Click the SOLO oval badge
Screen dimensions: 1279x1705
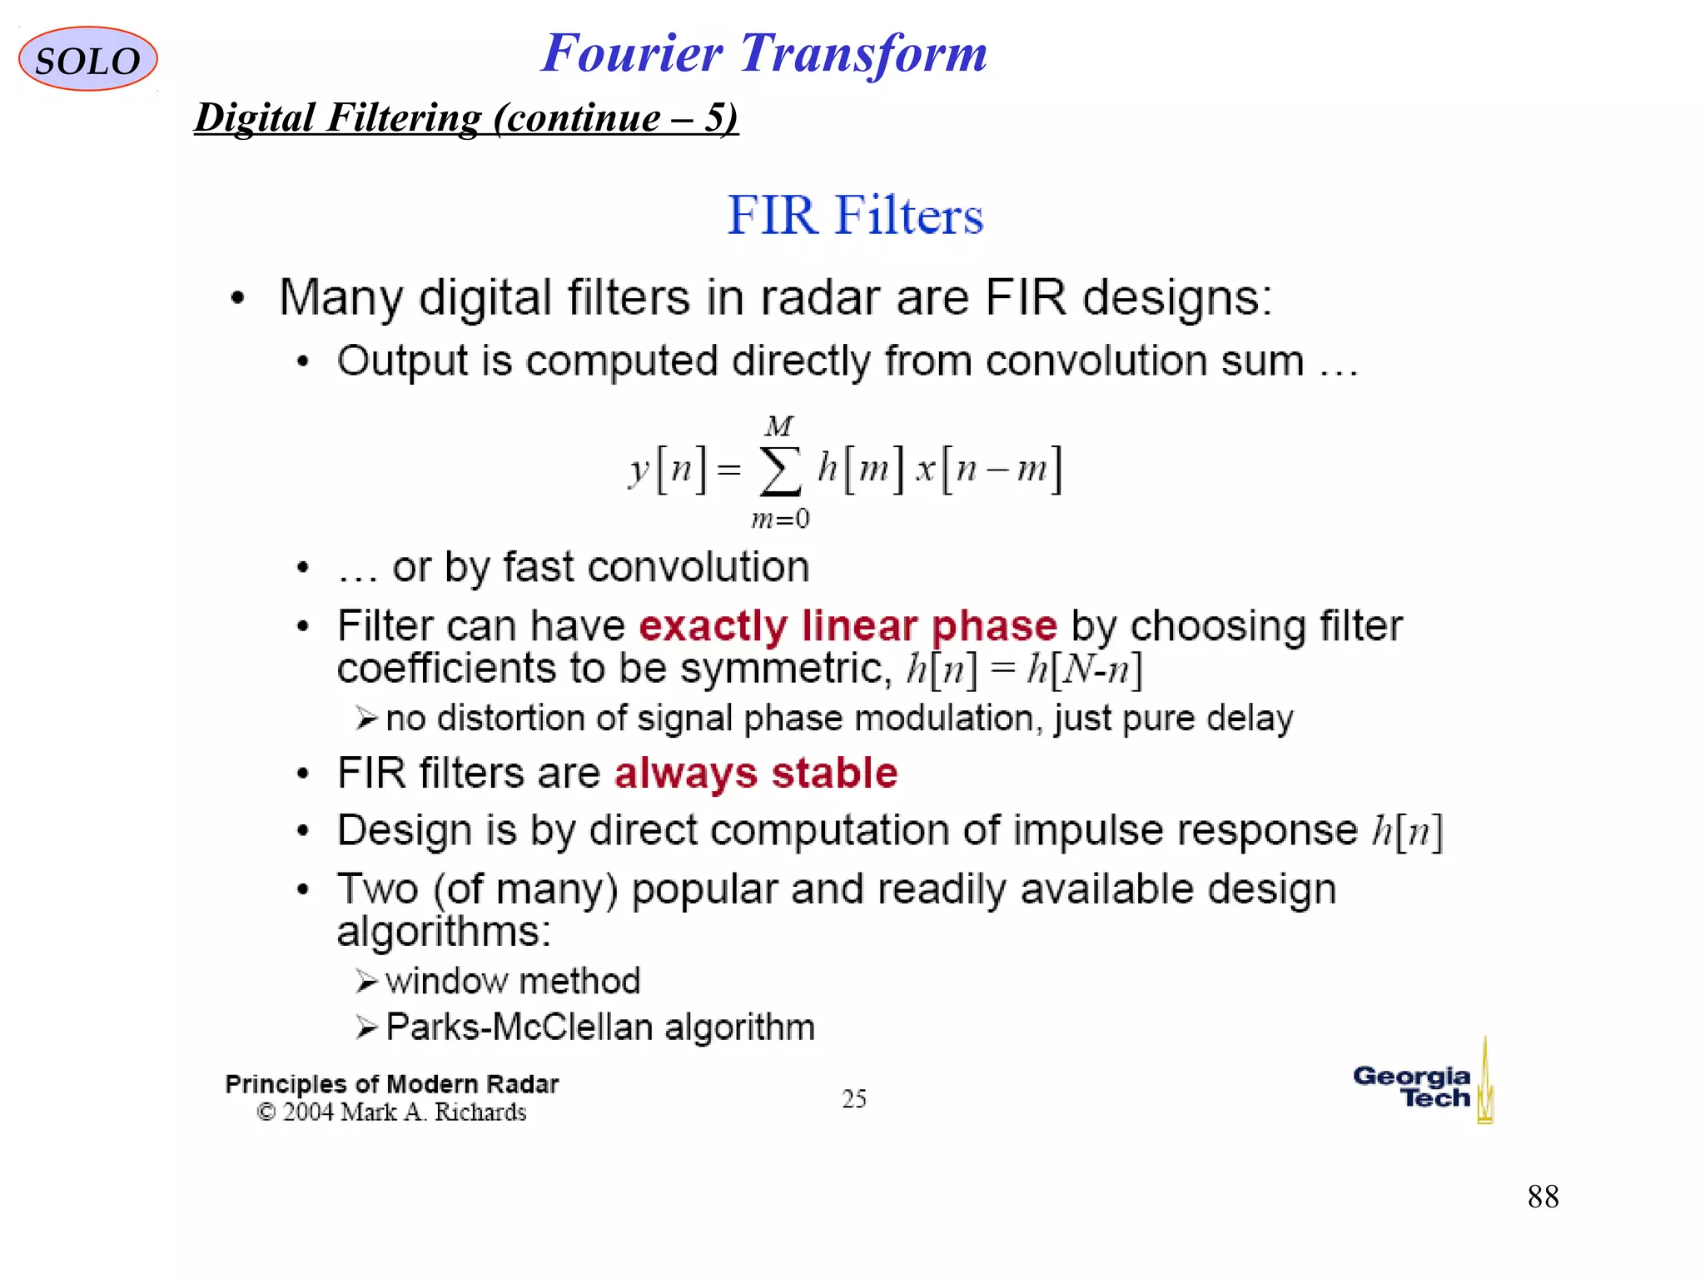tap(87, 59)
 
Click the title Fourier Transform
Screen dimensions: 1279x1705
tap(763, 53)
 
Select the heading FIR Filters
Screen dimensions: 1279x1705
tap(855, 215)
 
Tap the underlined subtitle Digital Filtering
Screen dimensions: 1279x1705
tap(466, 117)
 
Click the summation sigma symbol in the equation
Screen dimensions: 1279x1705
tap(780, 471)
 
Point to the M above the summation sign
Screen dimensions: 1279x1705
tap(779, 426)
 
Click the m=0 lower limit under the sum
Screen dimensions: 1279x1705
tap(780, 520)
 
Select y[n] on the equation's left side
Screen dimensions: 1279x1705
tap(667, 469)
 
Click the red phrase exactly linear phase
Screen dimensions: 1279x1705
tap(848, 625)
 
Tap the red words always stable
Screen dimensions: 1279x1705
tap(756, 773)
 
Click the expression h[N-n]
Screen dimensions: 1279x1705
tap(1085, 669)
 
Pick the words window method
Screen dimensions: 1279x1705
tap(513, 981)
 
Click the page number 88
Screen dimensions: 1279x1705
tap(1543, 1197)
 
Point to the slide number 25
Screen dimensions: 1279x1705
tap(854, 1098)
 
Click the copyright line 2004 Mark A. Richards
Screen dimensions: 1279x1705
tap(391, 1112)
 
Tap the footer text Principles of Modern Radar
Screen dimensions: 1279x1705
tap(391, 1084)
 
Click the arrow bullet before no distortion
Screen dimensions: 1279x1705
tap(366, 718)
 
